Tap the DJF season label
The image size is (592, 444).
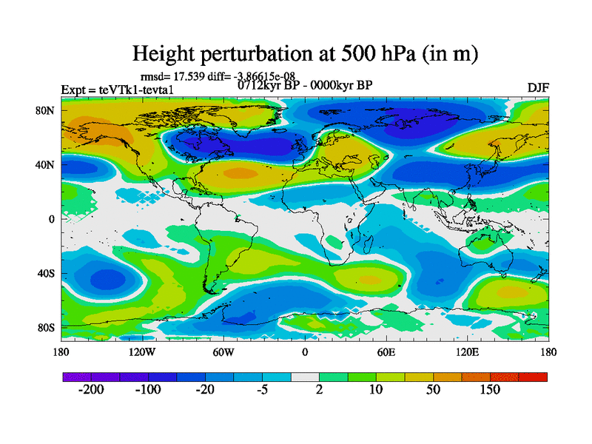pos(538,87)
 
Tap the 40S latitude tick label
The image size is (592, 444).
pos(48,273)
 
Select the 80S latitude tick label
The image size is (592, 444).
pos(48,327)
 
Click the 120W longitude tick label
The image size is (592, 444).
pos(142,352)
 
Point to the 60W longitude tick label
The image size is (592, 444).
pos(223,352)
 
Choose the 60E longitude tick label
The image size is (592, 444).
pos(386,352)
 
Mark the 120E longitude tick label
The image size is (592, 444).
pos(467,352)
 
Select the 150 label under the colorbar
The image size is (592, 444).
pos(491,389)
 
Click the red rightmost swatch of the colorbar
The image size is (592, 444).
pos(533,377)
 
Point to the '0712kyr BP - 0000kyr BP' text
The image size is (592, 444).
pos(305,84)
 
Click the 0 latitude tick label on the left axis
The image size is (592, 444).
pos(53,219)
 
